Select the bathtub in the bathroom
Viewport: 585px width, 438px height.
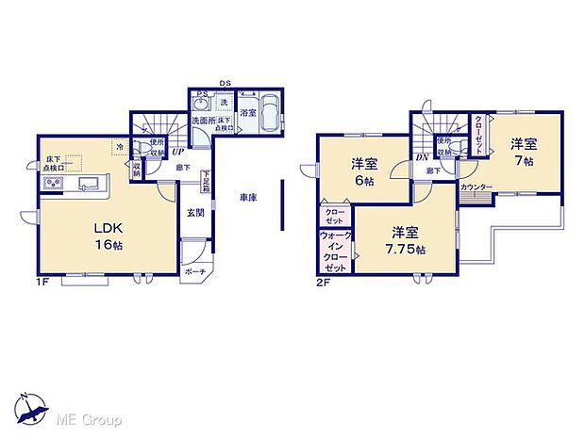[x=267, y=115]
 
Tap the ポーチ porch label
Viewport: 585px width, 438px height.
[x=194, y=271]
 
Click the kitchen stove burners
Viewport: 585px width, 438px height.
[x=52, y=182]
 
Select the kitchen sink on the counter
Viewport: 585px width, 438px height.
[x=89, y=182]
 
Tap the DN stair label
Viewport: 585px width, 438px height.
[x=421, y=157]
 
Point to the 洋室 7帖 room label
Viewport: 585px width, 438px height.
[x=525, y=152]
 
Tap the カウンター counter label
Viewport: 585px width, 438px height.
[x=476, y=187]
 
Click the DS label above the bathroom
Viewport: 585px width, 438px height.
[x=226, y=84]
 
